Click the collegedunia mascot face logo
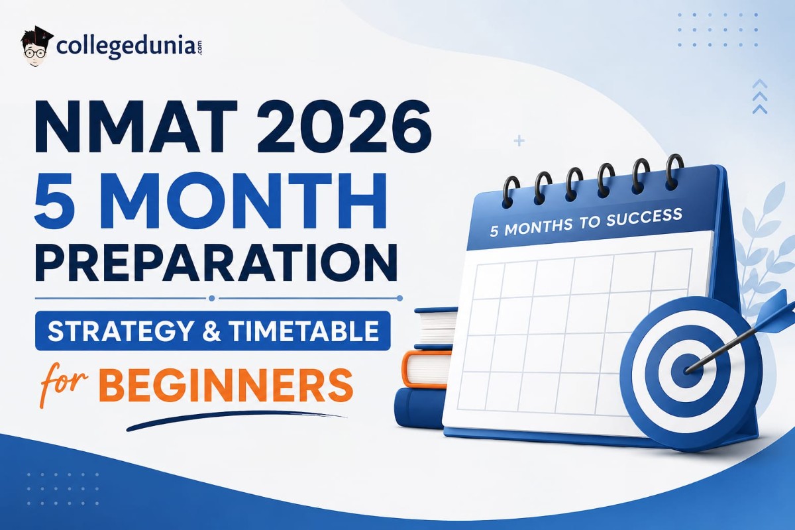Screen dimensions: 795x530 click(x=36, y=47)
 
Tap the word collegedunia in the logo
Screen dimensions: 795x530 click(x=126, y=47)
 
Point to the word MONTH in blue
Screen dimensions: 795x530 click(x=245, y=201)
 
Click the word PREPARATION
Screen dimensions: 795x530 click(x=216, y=262)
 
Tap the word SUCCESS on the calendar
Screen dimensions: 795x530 click(x=644, y=218)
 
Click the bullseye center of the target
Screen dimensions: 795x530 click(x=687, y=370)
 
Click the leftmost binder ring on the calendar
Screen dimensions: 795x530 click(x=510, y=191)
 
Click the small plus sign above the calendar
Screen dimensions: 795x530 click(x=519, y=141)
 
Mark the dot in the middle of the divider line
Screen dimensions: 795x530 click(x=212, y=298)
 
